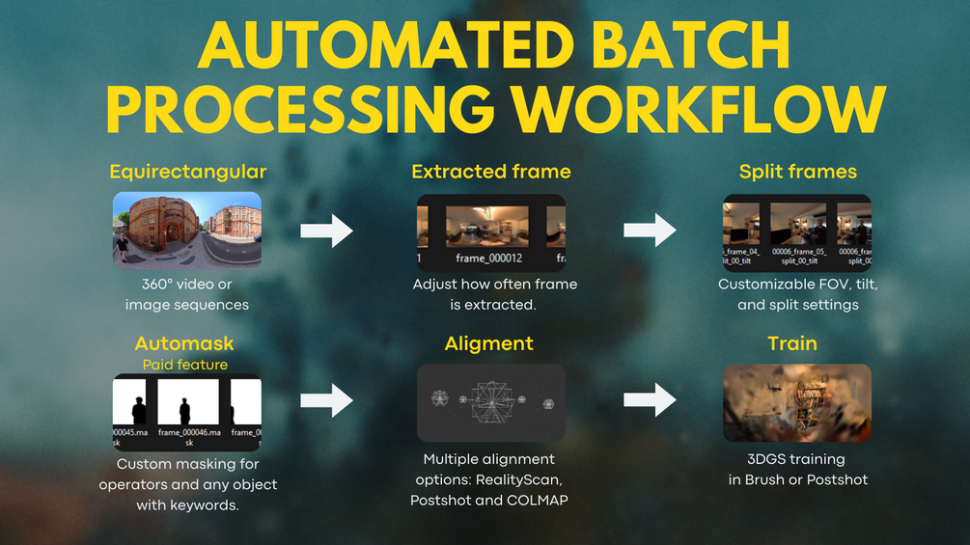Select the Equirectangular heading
coord(187,172)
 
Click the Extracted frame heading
coord(490,172)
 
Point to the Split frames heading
coord(797,172)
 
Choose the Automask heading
coord(184,343)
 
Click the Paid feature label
coord(185,365)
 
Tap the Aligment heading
coord(488,343)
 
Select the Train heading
coord(791,343)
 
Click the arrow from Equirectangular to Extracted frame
coord(327,231)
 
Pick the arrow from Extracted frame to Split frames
coord(650,231)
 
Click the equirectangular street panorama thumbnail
coord(187,230)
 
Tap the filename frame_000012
coord(489,259)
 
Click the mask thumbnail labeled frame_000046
coord(187,405)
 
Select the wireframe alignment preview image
coord(490,402)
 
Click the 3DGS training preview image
coord(796,402)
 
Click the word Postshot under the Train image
coord(838,479)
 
